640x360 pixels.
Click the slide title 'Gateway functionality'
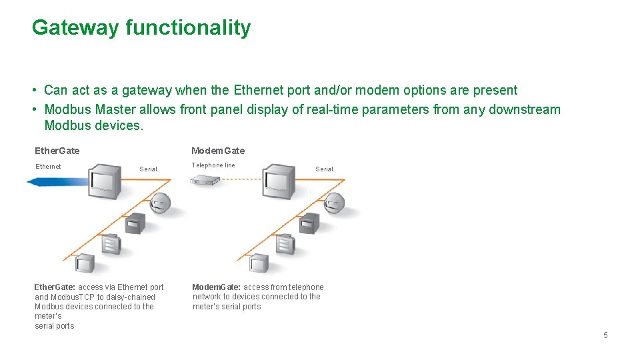coord(141,28)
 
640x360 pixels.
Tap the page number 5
coord(605,335)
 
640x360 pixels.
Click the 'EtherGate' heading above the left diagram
coord(57,151)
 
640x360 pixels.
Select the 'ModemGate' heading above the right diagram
coord(218,151)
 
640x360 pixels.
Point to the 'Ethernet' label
coord(48,167)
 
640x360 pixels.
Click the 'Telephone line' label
coord(213,165)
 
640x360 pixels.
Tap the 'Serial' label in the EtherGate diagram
coord(148,169)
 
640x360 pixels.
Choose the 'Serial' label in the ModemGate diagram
coord(324,169)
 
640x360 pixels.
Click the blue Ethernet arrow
coord(57,181)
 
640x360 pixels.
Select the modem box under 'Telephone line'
coord(205,179)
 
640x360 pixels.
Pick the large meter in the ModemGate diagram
coord(278,181)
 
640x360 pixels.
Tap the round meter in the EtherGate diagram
coord(160,203)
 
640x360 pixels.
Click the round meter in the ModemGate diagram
coord(334,203)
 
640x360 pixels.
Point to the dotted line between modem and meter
coord(241,179)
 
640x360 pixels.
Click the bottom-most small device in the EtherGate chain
coord(85,263)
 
